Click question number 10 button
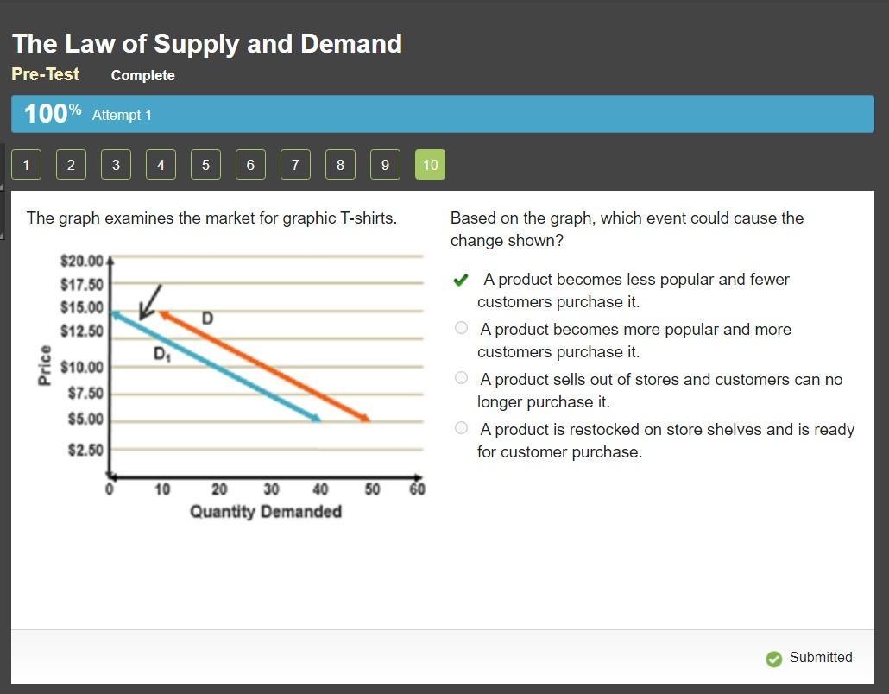point(431,164)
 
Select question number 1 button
point(26,164)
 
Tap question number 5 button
point(205,164)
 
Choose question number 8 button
point(340,164)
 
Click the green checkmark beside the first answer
point(461,280)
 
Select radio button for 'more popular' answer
point(462,328)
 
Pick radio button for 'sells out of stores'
point(462,377)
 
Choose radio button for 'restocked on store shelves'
point(462,427)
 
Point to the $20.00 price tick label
point(82,261)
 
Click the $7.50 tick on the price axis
point(85,393)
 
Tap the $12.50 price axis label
point(82,331)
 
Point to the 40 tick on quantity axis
point(320,489)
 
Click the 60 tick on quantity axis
point(417,489)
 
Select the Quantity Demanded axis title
point(266,511)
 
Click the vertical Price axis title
point(44,365)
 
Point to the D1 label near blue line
point(162,355)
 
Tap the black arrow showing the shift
point(151,301)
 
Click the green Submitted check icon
point(774,659)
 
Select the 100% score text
point(53,113)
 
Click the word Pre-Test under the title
point(46,74)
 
